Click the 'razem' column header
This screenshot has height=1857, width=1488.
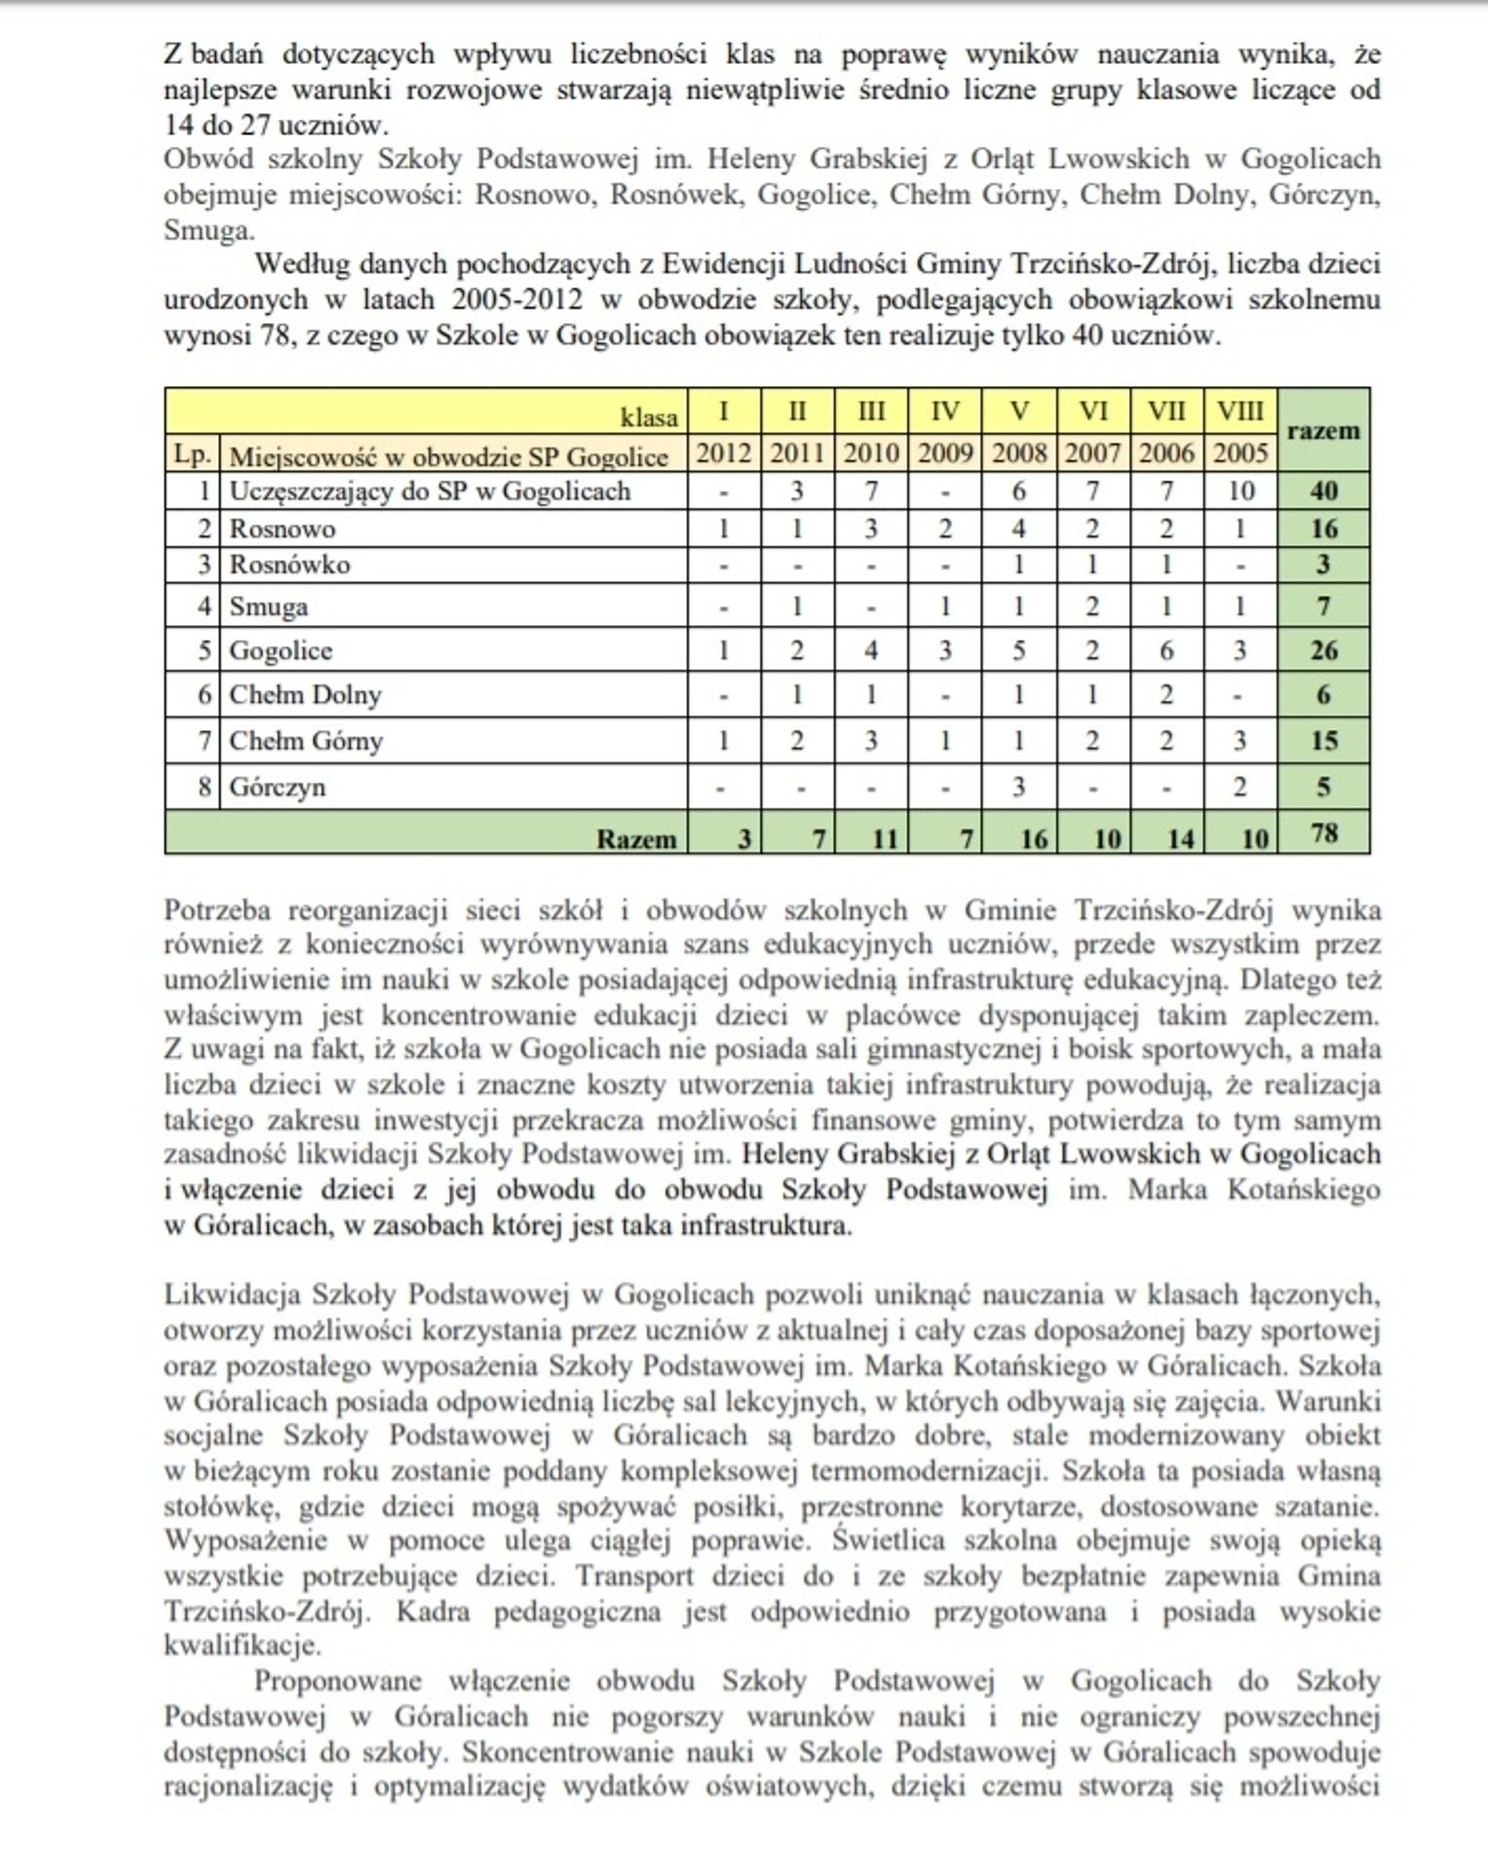pyautogui.click(x=1323, y=431)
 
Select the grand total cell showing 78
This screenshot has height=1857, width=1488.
pyautogui.click(x=1324, y=833)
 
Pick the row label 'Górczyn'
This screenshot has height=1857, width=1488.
pyautogui.click(x=277, y=787)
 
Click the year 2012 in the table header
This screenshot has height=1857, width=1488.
pyautogui.click(x=724, y=453)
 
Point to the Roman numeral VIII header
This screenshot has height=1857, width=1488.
pyautogui.click(x=1240, y=411)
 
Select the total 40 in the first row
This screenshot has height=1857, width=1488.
pyautogui.click(x=1324, y=491)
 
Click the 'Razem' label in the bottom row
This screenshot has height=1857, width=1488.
pyautogui.click(x=636, y=839)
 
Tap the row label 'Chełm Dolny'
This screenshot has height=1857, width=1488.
pyautogui.click(x=305, y=695)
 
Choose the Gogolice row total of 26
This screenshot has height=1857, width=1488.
pyautogui.click(x=1324, y=649)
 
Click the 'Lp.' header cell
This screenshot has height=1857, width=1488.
pyautogui.click(x=193, y=455)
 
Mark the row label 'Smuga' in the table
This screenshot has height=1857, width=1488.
pyautogui.click(x=268, y=607)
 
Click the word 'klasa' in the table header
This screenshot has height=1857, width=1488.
pyautogui.click(x=650, y=417)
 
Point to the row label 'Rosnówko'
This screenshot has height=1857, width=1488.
pyautogui.click(x=290, y=565)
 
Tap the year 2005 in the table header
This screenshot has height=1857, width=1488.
pyautogui.click(x=1240, y=453)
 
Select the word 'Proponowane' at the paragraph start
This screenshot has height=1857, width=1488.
pyautogui.click(x=337, y=1681)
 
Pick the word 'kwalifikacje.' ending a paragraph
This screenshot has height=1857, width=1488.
pyautogui.click(x=242, y=1646)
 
